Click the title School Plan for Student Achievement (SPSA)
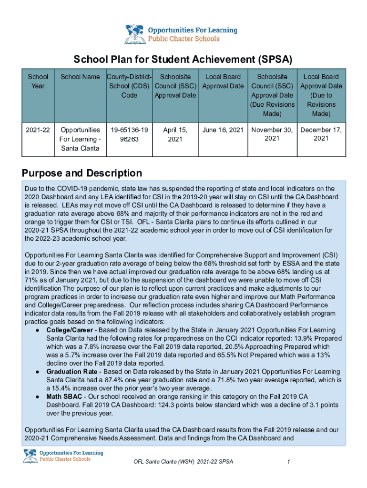pos(183,60)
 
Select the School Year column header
pos(38,81)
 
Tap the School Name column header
pos(80,77)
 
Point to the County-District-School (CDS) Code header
pos(129,86)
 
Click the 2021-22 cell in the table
pos(38,130)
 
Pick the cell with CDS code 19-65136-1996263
pos(129,134)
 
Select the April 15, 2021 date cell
pos(175,134)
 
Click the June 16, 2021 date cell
pos(223,130)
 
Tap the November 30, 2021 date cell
pos(272,134)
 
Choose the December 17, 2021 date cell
pos(321,134)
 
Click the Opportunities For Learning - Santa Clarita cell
pos(80,139)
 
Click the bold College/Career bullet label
pos(70,330)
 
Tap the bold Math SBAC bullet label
pos(64,396)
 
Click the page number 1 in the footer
pos(289,462)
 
